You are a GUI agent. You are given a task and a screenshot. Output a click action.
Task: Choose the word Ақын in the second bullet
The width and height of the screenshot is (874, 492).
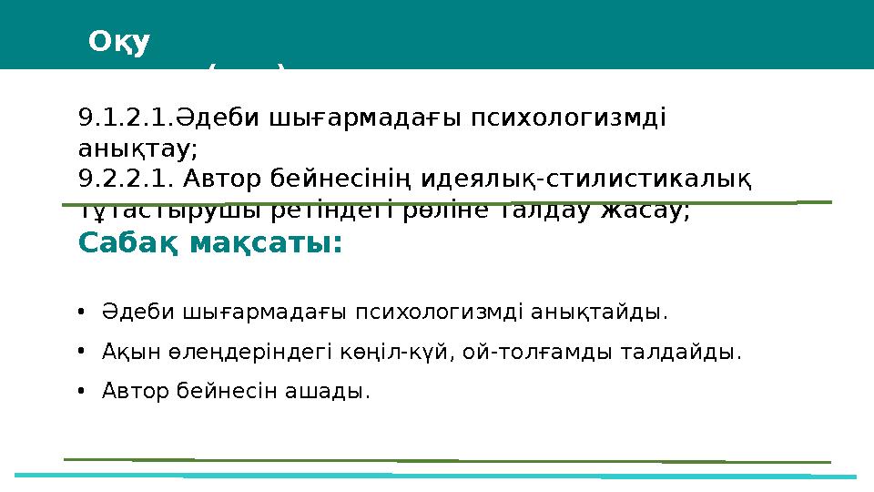[123, 353]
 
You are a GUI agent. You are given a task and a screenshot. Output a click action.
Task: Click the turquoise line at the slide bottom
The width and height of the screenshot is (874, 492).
[437, 476]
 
